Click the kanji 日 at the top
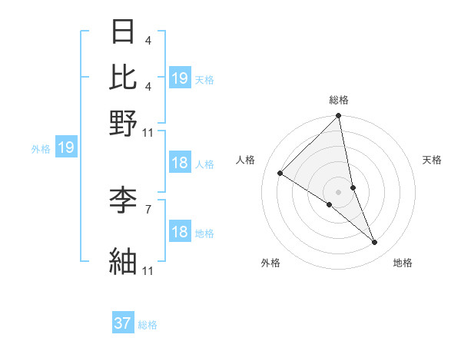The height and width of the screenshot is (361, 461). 124,33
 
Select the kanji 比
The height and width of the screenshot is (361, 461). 124,77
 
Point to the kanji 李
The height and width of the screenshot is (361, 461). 124,201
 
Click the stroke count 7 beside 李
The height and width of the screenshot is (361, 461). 148,208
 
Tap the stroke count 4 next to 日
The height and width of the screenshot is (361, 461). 148,39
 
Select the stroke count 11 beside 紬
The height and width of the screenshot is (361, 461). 148,270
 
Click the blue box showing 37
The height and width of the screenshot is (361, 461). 123,323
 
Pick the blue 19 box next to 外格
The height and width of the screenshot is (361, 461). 66,147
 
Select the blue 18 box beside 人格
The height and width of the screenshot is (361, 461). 179,163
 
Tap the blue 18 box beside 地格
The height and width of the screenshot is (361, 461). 179,232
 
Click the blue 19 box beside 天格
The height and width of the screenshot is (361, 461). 179,78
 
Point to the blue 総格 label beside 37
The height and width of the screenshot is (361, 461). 148,325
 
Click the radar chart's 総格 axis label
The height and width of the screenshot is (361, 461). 339,100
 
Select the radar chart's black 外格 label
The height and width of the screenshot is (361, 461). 270,263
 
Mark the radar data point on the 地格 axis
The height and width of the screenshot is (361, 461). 375,243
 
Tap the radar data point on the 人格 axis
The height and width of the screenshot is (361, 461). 280,174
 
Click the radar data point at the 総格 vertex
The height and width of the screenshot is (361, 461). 339,116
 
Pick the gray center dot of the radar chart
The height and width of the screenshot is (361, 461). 339,191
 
